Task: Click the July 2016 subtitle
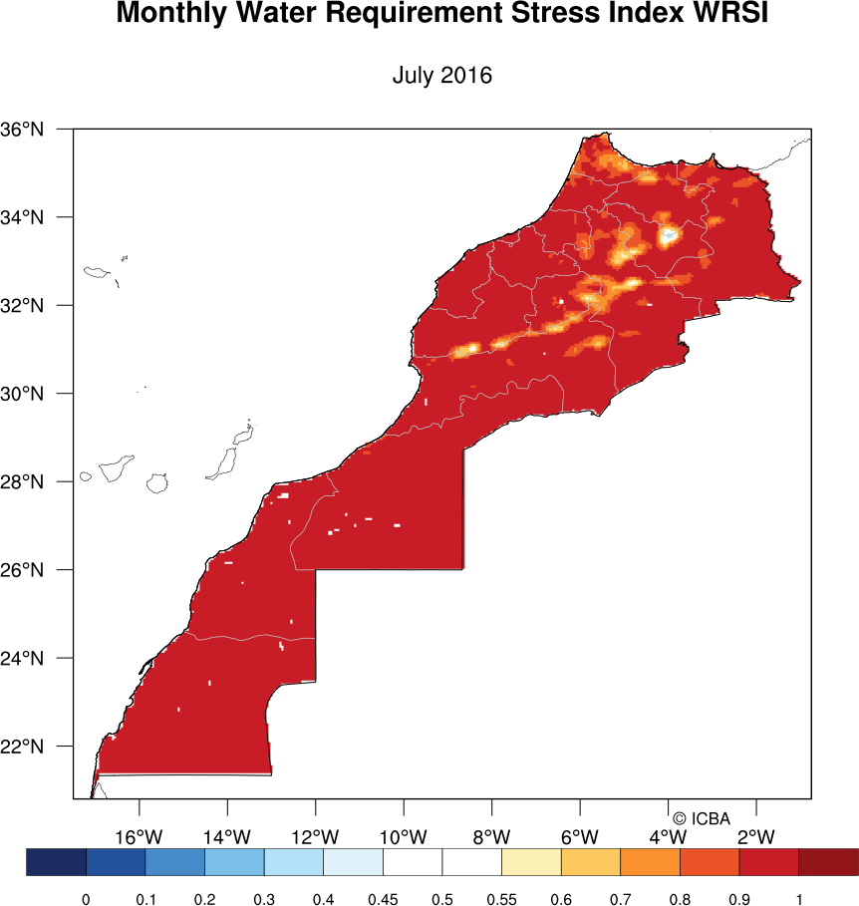coord(442,76)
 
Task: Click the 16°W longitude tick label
coord(140,836)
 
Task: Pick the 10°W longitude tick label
coord(404,836)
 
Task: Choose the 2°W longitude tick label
coord(756,836)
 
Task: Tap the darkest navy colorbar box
coord(57,862)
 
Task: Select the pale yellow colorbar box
coord(531,862)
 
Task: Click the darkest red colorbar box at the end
coord(828,862)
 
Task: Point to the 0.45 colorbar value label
coord(383,900)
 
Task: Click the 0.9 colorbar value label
coord(739,900)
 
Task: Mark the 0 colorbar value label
coord(86,900)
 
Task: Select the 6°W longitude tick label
coord(580,836)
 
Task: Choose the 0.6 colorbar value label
coord(561,900)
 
